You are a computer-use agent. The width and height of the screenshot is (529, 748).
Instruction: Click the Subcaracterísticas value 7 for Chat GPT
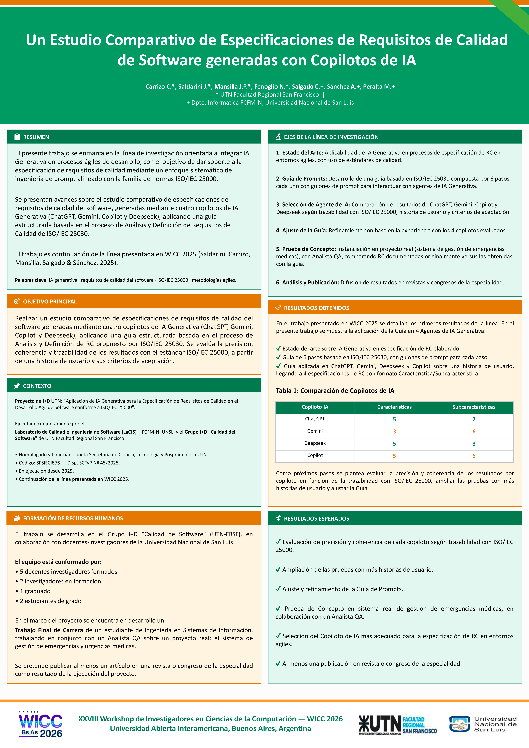point(474,419)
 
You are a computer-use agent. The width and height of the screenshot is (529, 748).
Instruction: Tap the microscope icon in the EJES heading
point(278,137)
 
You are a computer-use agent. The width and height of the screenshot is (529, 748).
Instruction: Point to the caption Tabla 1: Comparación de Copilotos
point(335,391)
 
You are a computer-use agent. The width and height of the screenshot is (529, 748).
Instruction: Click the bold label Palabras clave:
point(31,280)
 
